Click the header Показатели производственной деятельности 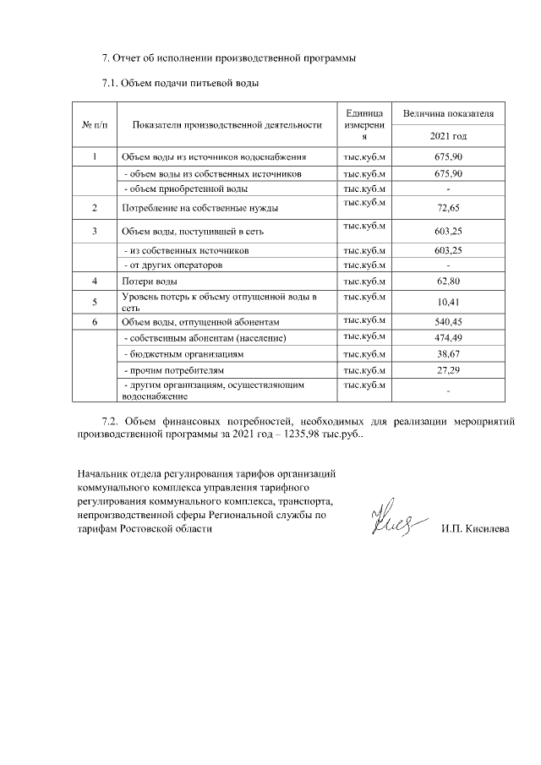[227, 125]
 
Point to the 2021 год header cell [448, 136]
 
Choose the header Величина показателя [448, 113]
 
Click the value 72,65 [448, 207]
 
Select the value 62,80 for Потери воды [448, 281]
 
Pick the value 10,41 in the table [448, 302]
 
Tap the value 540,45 [448, 322]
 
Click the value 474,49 [448, 338]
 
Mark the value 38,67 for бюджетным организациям [448, 354]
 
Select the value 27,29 [448, 370]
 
